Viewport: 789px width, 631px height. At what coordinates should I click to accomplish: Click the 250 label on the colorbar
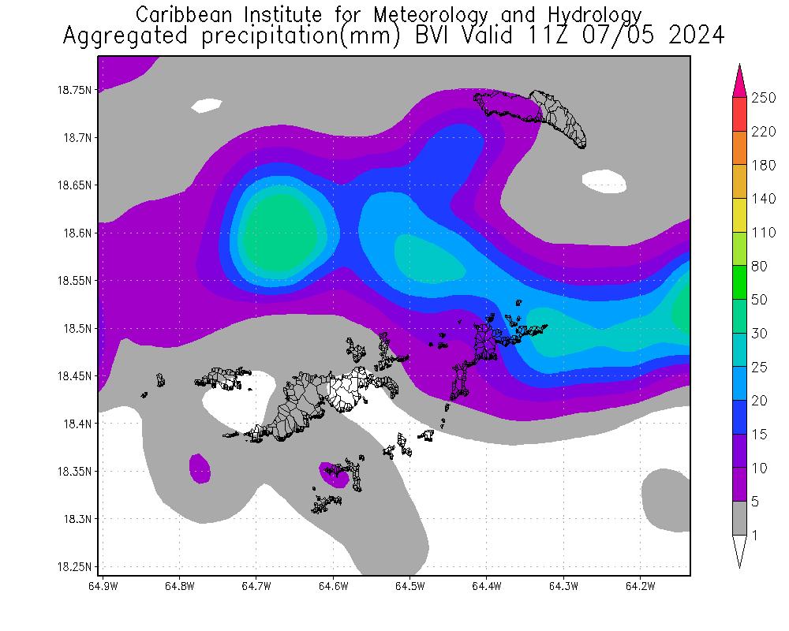764,98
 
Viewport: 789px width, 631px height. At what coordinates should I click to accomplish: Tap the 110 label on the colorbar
764,233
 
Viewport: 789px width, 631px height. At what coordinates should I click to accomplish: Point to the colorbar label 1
754,536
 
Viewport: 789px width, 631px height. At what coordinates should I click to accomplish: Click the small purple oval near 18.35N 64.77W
200,469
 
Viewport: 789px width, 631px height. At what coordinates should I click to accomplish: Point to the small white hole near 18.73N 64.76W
208,105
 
